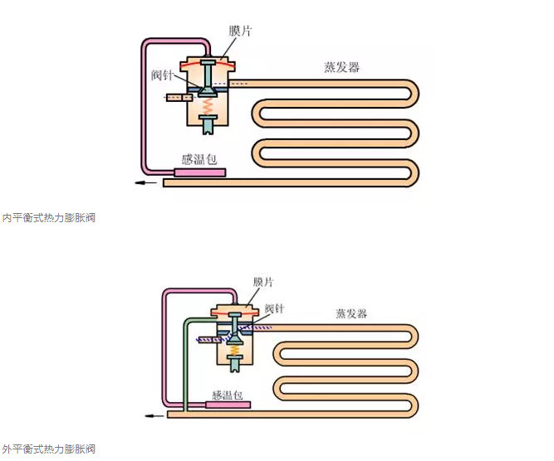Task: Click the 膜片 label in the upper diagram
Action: [x=240, y=31]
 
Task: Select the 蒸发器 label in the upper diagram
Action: [x=341, y=67]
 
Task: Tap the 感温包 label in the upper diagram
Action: [x=199, y=158]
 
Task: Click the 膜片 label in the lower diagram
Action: [x=265, y=282]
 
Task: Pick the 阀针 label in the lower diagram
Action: [x=275, y=308]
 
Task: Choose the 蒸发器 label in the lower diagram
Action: [x=351, y=313]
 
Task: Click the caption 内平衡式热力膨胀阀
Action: [x=48, y=218]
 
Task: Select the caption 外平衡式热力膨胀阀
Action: [x=48, y=449]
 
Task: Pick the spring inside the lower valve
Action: [x=236, y=352]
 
